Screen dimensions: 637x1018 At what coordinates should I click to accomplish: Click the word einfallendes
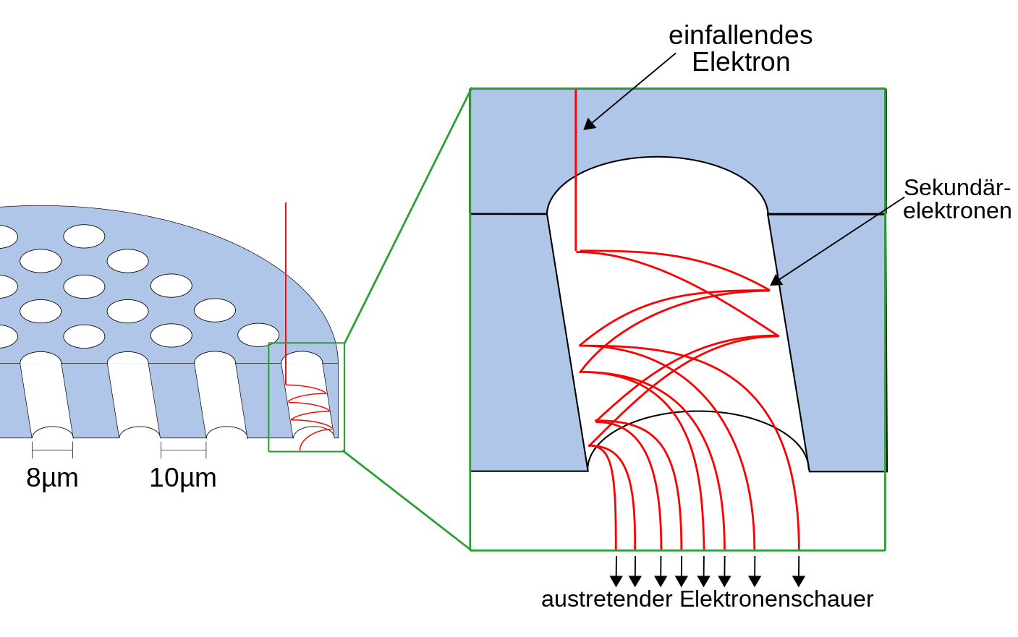(740, 35)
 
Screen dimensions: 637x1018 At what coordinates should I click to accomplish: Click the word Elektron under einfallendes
(740, 62)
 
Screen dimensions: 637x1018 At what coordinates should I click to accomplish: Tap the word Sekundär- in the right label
(957, 187)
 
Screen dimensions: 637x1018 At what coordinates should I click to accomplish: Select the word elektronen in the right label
(957, 211)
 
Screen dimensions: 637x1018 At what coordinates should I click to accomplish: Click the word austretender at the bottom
(606, 599)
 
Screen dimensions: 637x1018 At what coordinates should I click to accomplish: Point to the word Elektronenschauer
(776, 599)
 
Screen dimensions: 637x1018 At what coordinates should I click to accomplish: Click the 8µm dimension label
(52, 478)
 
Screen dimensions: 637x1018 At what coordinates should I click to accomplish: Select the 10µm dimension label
(182, 478)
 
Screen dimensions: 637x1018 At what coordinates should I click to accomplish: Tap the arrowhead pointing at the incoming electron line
(590, 124)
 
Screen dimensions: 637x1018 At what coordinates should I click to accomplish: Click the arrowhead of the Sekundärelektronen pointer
(776, 280)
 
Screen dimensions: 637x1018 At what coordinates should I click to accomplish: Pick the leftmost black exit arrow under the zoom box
(616, 580)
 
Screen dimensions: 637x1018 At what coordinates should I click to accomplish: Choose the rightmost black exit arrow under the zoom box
(799, 580)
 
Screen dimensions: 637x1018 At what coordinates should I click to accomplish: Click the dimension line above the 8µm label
(52, 450)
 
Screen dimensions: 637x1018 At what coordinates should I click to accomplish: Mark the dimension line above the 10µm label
(183, 450)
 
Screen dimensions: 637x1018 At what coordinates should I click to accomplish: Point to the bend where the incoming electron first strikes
(577, 251)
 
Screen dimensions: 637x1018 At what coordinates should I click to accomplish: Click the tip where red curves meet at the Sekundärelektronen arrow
(768, 290)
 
